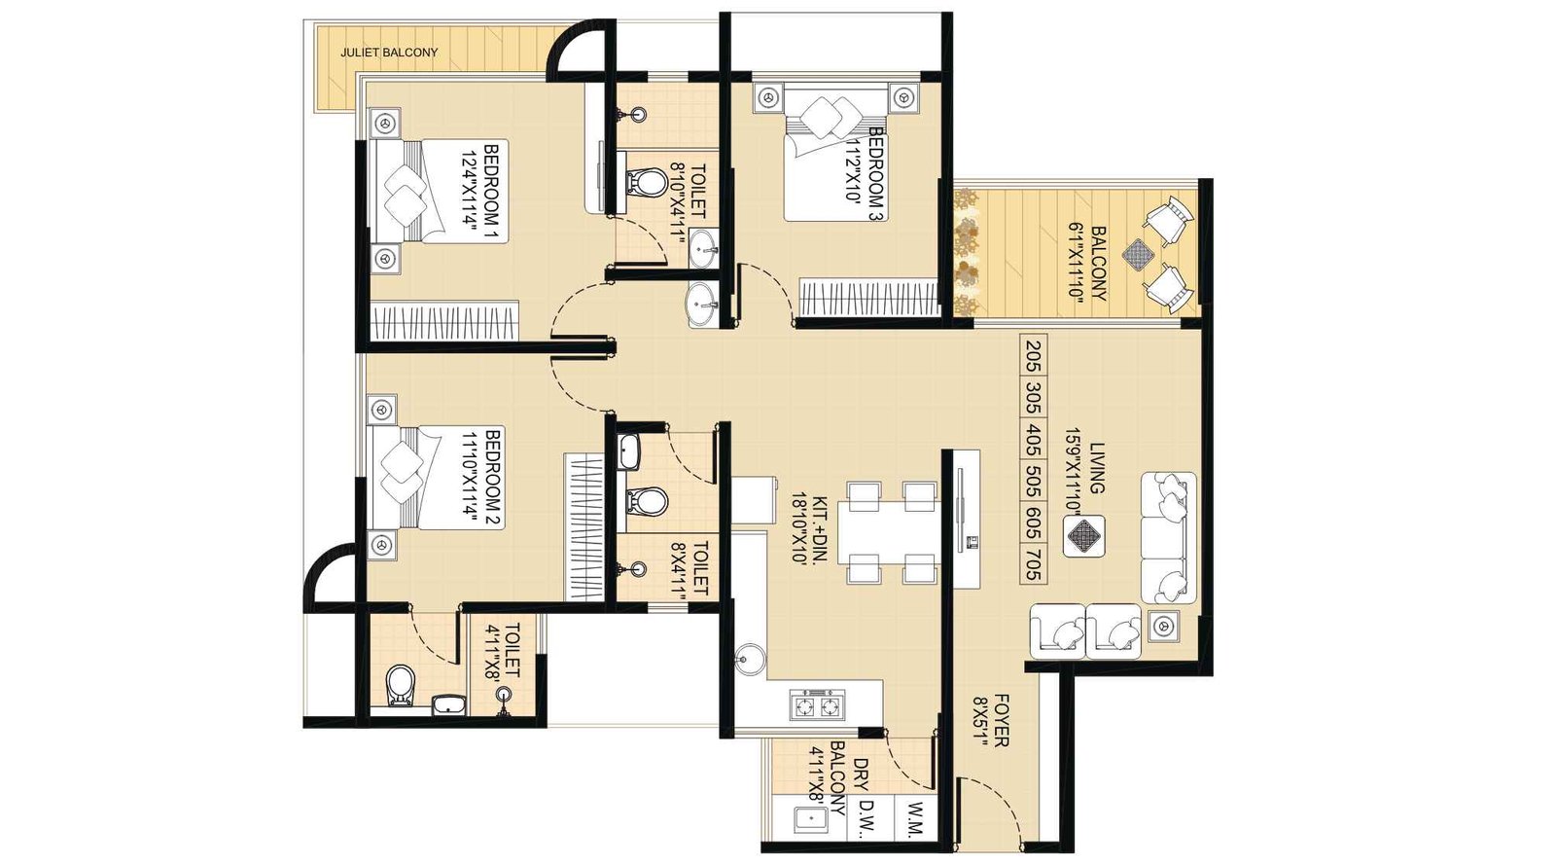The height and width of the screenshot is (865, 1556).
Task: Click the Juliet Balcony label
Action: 389,53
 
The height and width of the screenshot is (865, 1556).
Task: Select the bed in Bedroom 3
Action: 834,156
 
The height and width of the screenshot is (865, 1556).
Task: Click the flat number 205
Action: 1033,356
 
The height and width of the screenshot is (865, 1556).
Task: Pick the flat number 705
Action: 1033,564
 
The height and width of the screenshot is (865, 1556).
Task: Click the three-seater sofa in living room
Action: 1167,537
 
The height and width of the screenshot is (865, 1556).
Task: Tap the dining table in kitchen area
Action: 890,533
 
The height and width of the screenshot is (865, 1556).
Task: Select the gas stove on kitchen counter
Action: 816,704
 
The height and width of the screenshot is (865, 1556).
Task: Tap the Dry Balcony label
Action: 848,778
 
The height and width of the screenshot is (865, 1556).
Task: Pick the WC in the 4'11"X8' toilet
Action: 400,685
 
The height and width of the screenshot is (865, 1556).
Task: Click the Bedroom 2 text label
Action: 491,478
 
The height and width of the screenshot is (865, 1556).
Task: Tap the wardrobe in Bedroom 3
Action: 868,297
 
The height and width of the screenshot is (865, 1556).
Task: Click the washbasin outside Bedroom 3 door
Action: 703,305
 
